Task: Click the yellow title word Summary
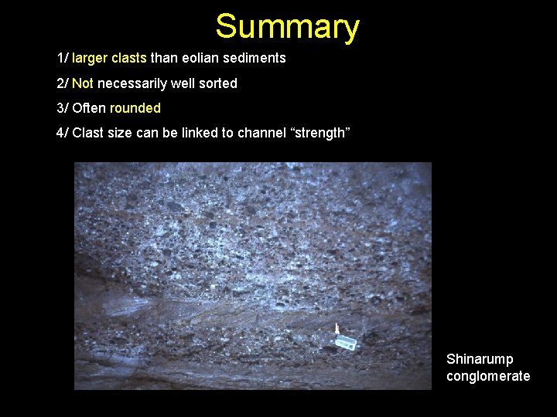[287, 26]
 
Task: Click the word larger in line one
[90, 58]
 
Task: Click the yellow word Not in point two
[84, 83]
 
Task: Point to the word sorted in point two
[218, 83]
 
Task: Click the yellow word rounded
[135, 107]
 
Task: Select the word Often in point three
[89, 107]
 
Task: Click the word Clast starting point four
[87, 133]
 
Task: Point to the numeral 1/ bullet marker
[62, 58]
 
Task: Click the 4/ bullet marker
[62, 133]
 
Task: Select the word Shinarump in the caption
[480, 359]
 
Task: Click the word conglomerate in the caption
[488, 376]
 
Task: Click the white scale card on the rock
[346, 343]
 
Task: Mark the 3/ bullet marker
[62, 107]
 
